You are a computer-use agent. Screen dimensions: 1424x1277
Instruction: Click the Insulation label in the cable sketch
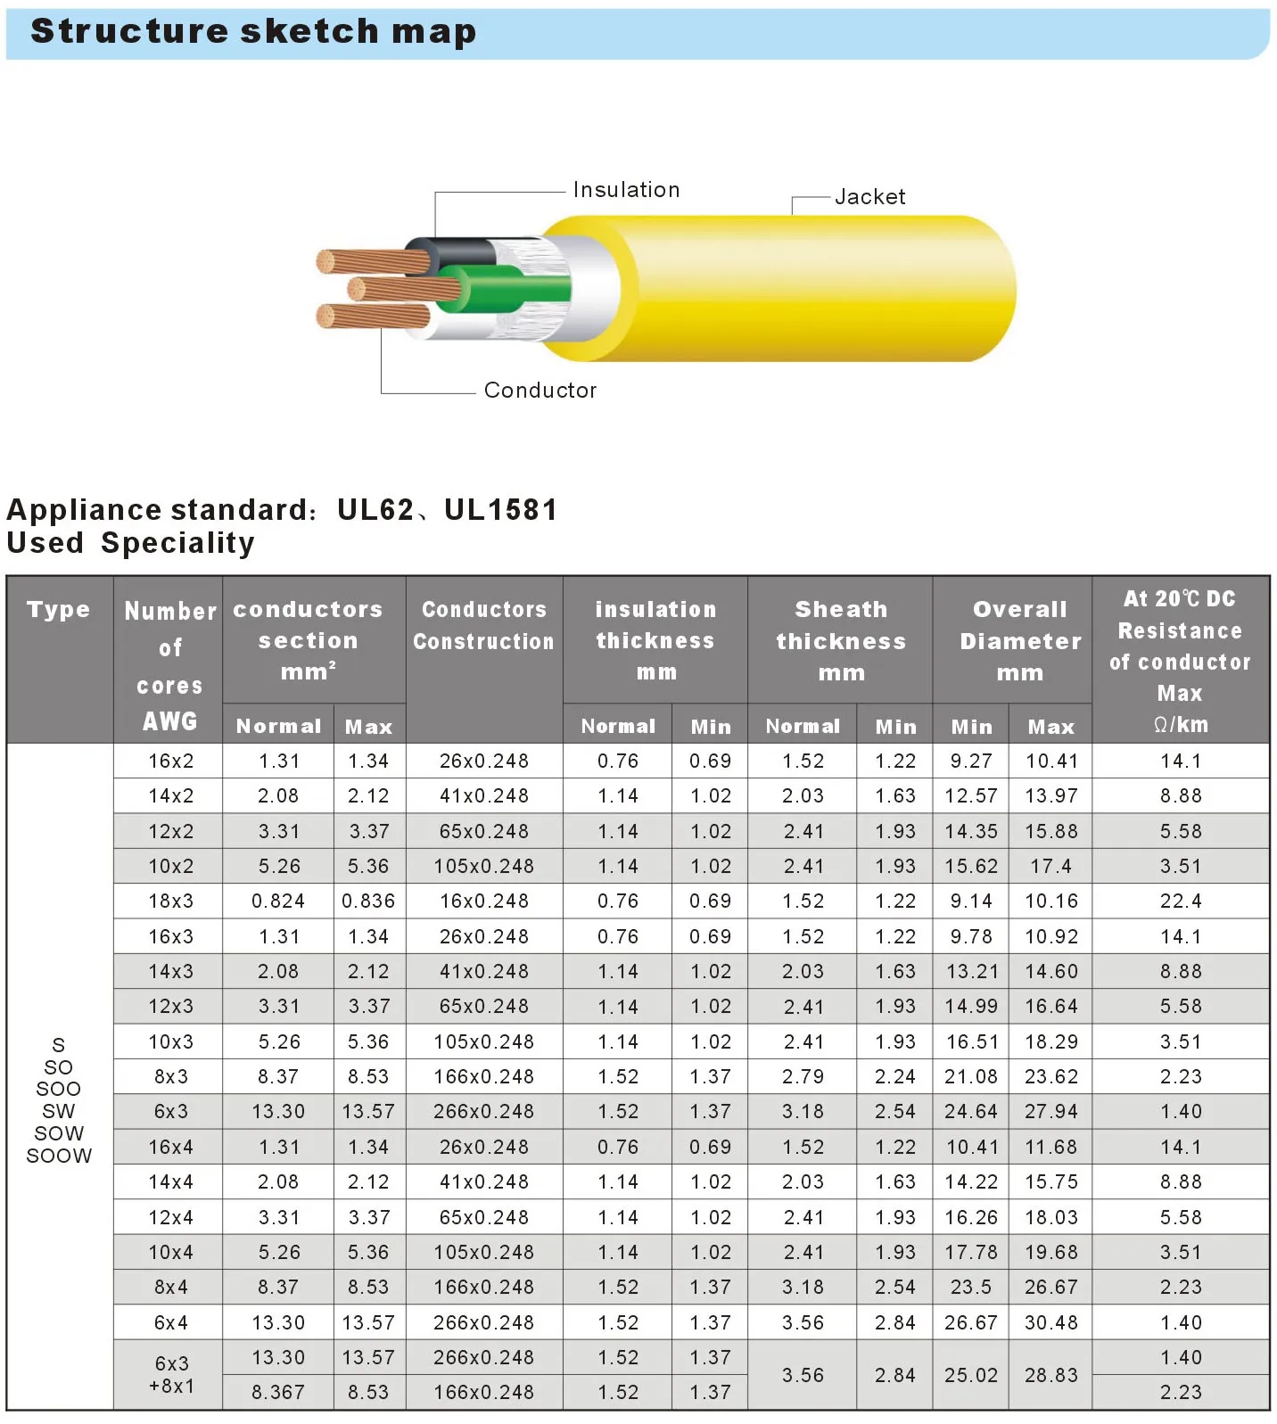tap(626, 190)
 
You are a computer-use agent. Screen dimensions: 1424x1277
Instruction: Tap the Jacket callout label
tap(869, 197)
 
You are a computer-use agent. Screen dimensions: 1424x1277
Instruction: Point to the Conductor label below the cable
tap(540, 391)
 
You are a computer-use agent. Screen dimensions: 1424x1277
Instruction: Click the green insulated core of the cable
tap(508, 288)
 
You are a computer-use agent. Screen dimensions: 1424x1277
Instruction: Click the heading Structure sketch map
tap(253, 31)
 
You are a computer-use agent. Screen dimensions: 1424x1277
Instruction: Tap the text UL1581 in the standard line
tap(501, 510)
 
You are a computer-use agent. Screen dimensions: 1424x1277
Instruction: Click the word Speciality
tap(178, 543)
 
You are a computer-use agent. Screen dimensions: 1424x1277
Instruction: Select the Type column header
tap(59, 610)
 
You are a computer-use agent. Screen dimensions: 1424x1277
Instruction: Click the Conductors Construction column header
tap(483, 625)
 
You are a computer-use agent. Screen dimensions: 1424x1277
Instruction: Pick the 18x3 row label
tap(171, 901)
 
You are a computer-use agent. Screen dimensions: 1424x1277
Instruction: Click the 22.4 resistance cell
tap(1181, 901)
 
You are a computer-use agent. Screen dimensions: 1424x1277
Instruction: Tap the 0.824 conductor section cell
tap(278, 901)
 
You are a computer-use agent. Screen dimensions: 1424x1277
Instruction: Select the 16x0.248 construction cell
tap(484, 901)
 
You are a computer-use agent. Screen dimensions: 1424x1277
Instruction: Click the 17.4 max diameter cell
tap(1050, 867)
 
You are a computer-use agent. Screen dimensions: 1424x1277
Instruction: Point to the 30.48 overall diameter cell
tap(1050, 1323)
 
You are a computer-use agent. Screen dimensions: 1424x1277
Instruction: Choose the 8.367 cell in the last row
tap(278, 1393)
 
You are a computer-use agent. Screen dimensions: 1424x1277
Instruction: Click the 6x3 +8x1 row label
tap(171, 1375)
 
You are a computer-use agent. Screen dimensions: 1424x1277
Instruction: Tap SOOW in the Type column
tap(59, 1156)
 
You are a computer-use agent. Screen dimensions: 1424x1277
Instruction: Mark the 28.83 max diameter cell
tap(1050, 1376)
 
